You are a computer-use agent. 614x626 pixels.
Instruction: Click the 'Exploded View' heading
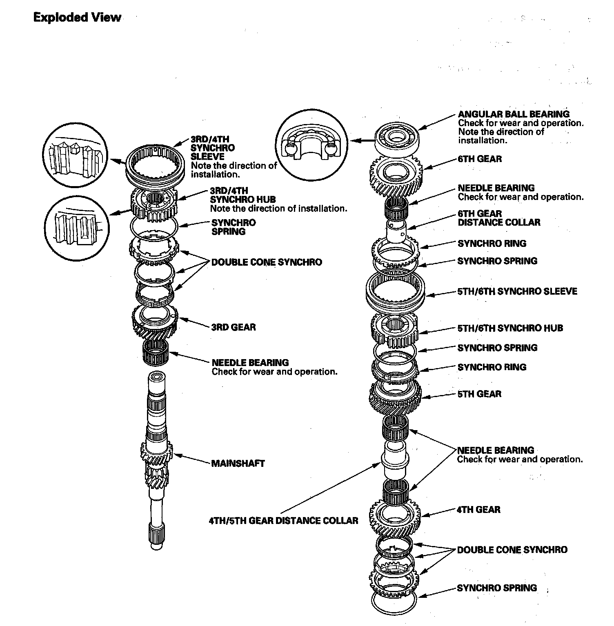[77, 18]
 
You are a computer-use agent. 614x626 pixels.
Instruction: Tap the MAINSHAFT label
[238, 464]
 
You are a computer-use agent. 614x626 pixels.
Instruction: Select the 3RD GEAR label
[234, 327]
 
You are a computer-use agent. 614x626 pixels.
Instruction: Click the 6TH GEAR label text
[480, 159]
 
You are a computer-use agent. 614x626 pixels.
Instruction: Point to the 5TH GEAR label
[479, 394]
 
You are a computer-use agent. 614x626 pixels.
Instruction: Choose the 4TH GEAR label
[478, 510]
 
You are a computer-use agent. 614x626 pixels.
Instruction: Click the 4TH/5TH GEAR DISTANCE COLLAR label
[283, 521]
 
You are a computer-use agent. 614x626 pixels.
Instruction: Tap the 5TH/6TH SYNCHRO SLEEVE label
[517, 291]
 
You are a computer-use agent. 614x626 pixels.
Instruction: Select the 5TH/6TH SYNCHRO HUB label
[510, 328]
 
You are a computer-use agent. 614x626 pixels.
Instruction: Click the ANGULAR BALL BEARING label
[514, 114]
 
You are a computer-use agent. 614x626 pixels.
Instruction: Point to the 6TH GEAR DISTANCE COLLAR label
[499, 218]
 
